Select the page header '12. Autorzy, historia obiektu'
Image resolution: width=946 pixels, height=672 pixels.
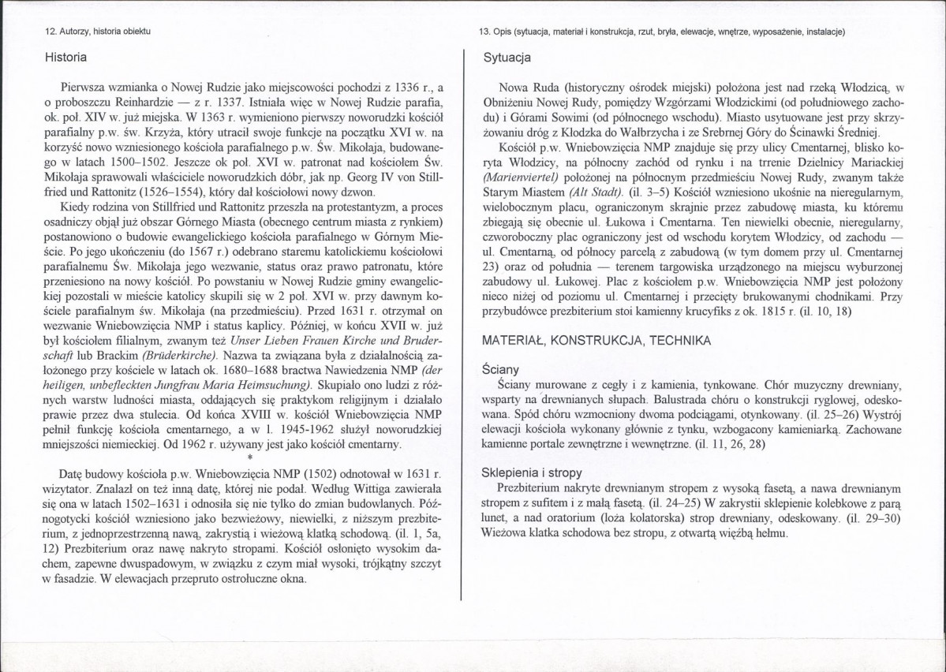click(x=98, y=32)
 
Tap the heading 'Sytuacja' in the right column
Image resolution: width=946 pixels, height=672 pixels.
click(x=507, y=58)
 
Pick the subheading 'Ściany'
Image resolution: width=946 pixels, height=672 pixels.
click(x=499, y=368)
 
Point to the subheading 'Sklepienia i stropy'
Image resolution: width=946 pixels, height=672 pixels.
click(x=532, y=472)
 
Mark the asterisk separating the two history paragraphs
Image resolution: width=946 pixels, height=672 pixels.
click(x=249, y=457)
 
